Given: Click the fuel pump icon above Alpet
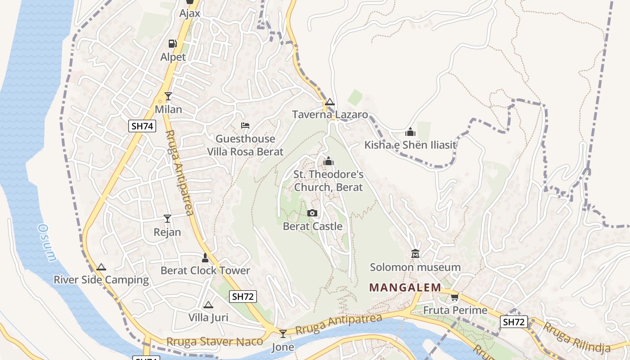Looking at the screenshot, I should pos(172,44).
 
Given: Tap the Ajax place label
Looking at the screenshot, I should pos(189,13).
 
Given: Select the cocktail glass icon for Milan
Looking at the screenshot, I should pos(168,96).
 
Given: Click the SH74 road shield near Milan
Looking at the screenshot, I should pos(142,126).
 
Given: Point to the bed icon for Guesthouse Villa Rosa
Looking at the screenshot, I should pos(245,125).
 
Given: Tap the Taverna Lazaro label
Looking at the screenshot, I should pos(330,115).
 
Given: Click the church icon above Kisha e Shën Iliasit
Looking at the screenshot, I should pos(410,132).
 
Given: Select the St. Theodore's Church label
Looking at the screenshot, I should pos(328,181).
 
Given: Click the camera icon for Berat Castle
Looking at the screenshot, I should pos(312,213).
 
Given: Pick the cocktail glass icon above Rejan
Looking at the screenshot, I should pos(167,219).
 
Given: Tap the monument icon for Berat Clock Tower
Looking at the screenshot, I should pos(205,258).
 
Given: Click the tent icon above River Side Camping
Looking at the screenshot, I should pos(101,267).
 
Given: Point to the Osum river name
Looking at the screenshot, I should pos(47,243).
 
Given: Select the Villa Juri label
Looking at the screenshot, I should pos(208,317).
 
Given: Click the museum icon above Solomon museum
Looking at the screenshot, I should pos(415,254).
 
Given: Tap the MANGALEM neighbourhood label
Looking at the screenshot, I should pos(405,287).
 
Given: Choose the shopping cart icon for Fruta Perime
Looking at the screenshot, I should pos(455,297).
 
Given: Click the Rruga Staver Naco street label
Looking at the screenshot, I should pos(215,342).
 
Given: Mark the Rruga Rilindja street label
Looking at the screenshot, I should pos(576,337).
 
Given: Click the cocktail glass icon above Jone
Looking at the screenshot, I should pos(283,333).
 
